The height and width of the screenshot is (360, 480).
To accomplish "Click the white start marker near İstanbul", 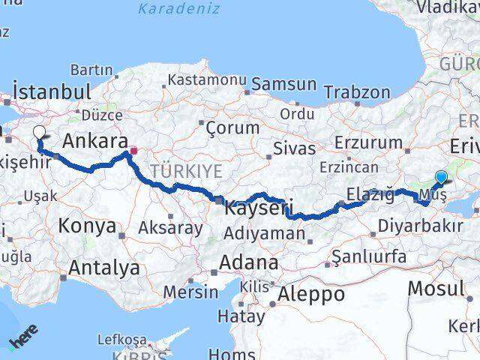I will click(x=39, y=133).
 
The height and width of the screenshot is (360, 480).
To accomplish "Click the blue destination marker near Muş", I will click(x=441, y=178).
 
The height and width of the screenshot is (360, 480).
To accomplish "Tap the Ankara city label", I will click(x=94, y=140).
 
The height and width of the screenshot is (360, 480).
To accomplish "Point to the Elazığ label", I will click(x=370, y=195).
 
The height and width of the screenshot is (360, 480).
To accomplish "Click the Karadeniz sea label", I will click(x=179, y=9).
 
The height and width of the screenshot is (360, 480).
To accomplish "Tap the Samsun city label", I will click(x=283, y=83).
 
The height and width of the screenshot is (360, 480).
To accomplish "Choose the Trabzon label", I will click(x=357, y=93).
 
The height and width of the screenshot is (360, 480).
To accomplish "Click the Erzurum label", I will click(x=369, y=142).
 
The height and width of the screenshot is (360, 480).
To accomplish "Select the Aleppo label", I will click(x=310, y=294).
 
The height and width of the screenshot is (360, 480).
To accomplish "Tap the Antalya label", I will click(x=103, y=267).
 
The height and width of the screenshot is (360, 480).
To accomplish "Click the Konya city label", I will click(x=87, y=225).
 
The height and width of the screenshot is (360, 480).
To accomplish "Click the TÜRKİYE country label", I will click(x=186, y=172).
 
